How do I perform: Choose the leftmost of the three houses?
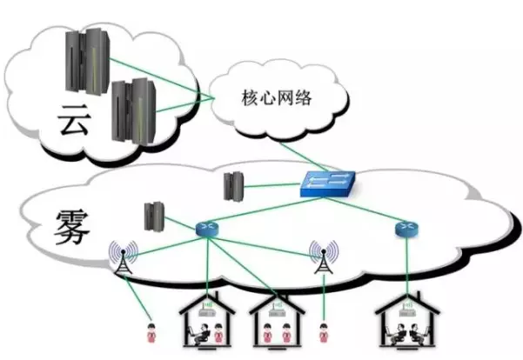[206, 319]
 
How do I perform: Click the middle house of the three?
[277, 319]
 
